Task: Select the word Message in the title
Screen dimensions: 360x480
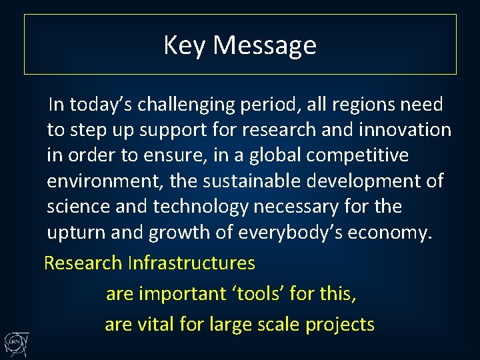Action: pos(265,45)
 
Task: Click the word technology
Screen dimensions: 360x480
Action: pos(201,207)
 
